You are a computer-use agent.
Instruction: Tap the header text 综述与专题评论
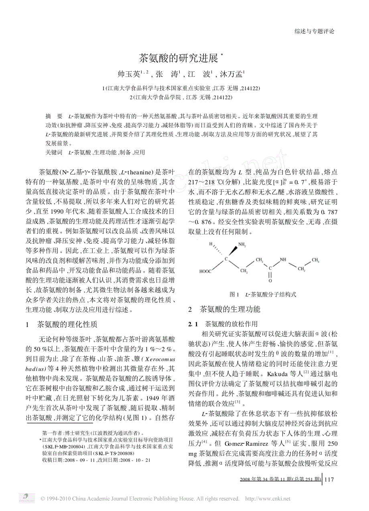click(x=314, y=31)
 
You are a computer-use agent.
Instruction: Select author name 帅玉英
click(x=127, y=74)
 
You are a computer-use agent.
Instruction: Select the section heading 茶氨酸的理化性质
click(x=67, y=324)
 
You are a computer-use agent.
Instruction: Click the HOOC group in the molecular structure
click(x=207, y=271)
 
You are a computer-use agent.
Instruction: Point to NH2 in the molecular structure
click(x=242, y=244)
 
